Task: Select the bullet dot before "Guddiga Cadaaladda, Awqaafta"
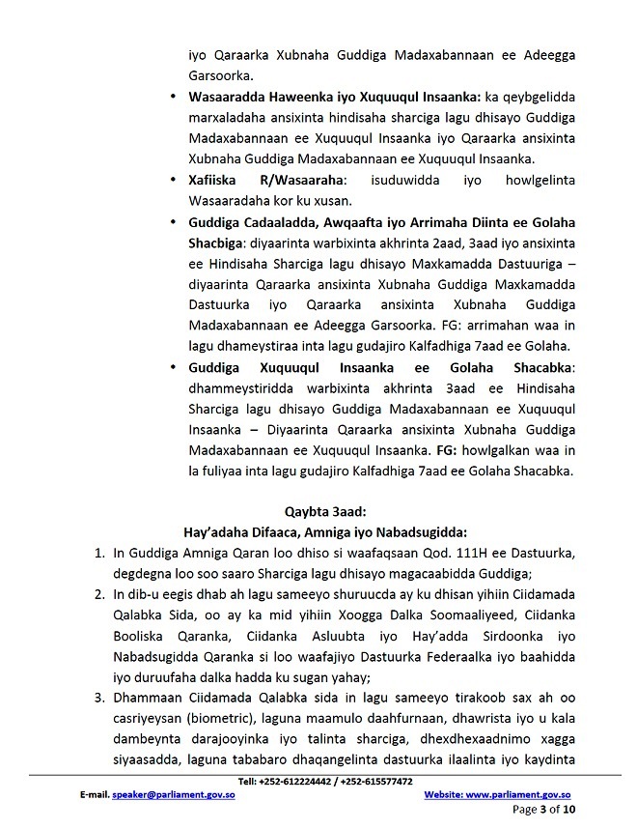coord(171,221)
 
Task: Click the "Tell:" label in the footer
coord(246,781)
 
